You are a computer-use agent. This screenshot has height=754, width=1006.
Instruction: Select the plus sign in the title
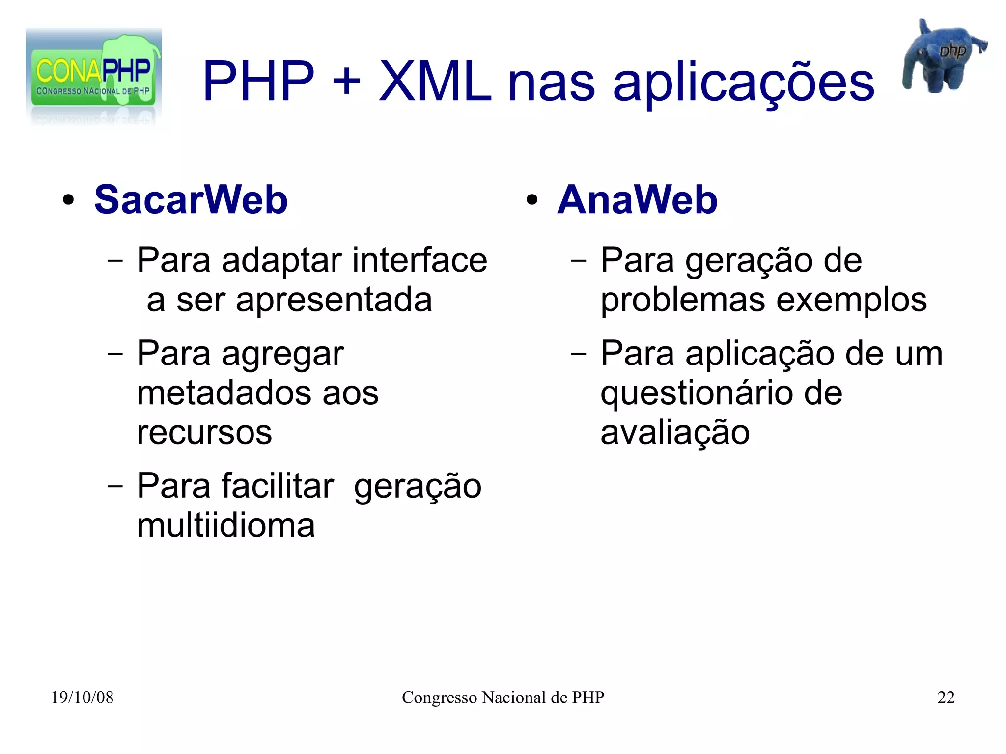click(346, 82)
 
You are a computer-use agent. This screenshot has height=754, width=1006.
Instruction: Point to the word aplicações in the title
click(744, 83)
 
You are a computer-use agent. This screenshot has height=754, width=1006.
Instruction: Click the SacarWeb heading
click(191, 200)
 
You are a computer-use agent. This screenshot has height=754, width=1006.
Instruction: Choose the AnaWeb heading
click(637, 200)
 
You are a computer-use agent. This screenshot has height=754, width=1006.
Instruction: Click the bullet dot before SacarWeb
click(68, 200)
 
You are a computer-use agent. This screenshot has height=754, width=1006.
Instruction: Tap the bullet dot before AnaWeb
click(531, 200)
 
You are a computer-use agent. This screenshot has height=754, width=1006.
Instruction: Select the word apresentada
click(334, 300)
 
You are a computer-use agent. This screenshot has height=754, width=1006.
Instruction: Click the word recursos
click(204, 432)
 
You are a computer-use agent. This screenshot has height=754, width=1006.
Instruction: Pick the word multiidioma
click(226, 526)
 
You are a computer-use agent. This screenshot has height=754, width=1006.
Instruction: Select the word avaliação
click(675, 433)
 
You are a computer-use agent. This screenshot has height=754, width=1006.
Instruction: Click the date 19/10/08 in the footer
click(82, 698)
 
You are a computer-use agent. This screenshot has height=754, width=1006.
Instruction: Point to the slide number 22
click(946, 698)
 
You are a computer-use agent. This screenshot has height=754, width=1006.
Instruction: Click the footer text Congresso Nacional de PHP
click(503, 698)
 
